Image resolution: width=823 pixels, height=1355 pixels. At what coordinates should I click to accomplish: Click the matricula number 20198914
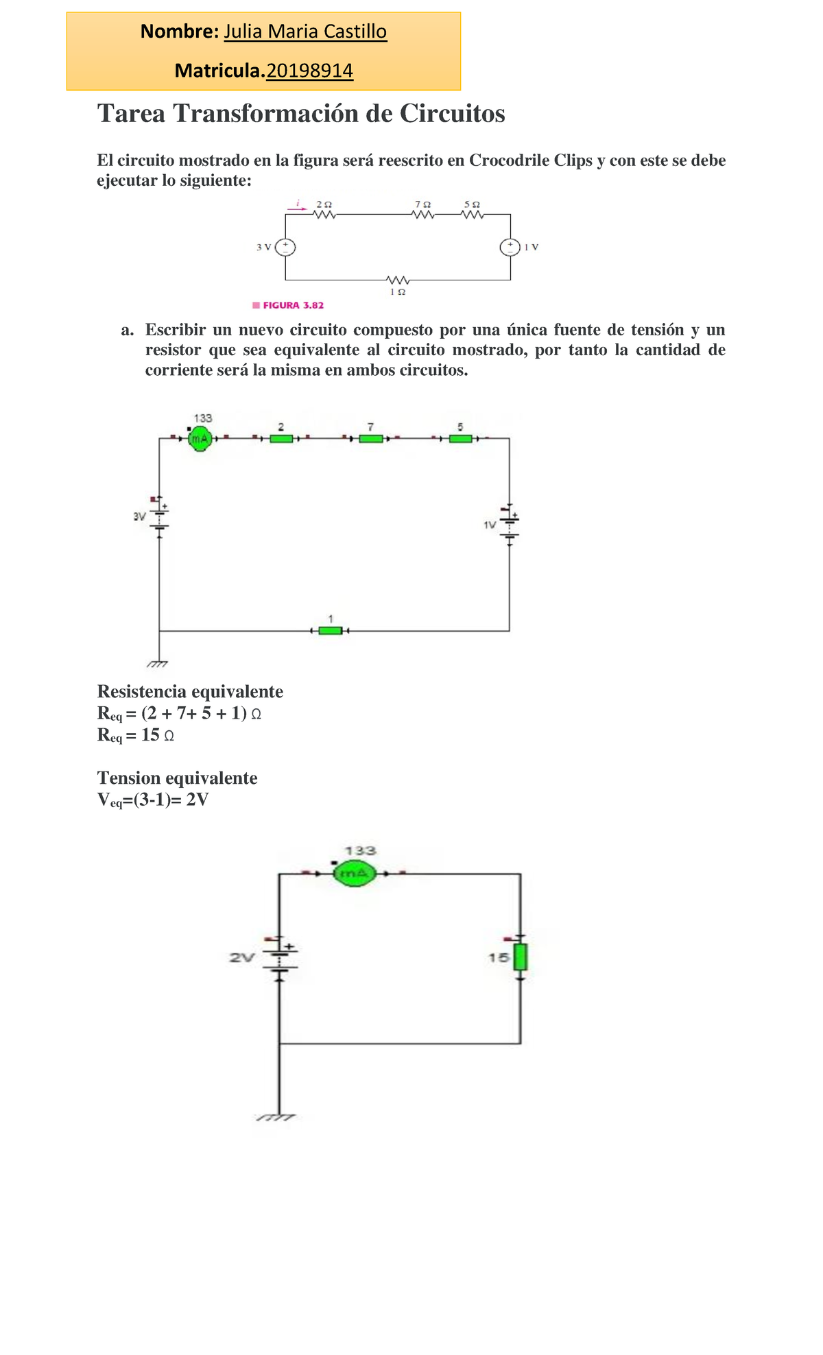click(x=309, y=71)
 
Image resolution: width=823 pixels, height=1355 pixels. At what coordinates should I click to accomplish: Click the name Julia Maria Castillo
click(x=305, y=32)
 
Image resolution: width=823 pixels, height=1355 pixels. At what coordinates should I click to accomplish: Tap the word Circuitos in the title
click(x=452, y=114)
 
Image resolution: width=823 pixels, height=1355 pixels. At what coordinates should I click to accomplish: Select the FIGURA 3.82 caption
click(x=293, y=305)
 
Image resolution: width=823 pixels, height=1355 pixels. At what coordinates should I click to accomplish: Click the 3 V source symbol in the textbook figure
click(x=285, y=247)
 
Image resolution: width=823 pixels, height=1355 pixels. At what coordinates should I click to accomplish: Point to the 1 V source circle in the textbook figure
click(x=510, y=248)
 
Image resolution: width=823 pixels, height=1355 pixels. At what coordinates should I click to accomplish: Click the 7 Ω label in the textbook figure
click(x=423, y=204)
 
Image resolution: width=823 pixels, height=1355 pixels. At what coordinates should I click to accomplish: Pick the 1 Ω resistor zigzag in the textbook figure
click(x=398, y=280)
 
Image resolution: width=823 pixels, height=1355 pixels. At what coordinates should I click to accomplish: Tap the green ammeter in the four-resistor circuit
click(x=200, y=438)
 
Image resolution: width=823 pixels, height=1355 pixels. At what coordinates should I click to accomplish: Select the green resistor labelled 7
click(x=371, y=439)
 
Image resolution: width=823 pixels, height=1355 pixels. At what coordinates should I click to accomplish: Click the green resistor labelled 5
click(x=460, y=439)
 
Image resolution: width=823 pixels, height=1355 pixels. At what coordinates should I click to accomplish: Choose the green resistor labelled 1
click(x=331, y=631)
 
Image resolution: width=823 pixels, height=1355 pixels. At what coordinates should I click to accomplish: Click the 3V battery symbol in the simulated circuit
click(x=159, y=516)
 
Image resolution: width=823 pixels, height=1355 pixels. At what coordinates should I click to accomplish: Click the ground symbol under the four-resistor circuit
click(x=158, y=664)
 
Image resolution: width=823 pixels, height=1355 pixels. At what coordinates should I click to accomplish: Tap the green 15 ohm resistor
click(x=521, y=957)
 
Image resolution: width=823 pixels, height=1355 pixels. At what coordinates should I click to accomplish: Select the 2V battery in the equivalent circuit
click(x=279, y=957)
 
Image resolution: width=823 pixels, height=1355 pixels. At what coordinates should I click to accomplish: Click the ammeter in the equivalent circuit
click(x=354, y=874)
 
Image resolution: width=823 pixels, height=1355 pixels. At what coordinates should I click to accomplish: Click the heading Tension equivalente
click(x=178, y=778)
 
